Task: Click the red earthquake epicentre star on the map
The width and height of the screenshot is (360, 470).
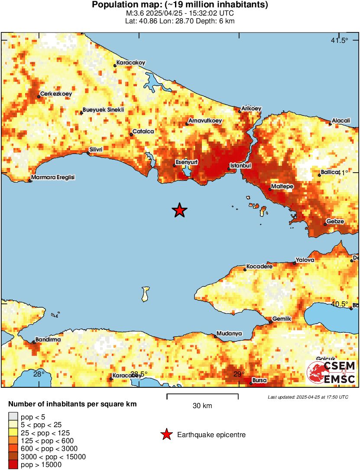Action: (x=179, y=210)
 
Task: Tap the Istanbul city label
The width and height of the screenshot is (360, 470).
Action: (x=240, y=165)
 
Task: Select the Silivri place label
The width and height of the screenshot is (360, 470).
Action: (x=96, y=150)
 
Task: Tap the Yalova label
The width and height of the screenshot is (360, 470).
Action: (x=305, y=260)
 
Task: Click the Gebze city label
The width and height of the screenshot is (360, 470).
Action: (x=335, y=221)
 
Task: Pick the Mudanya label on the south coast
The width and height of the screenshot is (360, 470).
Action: (x=229, y=334)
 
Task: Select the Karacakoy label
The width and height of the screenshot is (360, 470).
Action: (x=131, y=63)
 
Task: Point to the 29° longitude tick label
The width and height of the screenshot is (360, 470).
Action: (x=239, y=374)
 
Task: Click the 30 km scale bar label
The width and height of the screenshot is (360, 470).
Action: (x=202, y=406)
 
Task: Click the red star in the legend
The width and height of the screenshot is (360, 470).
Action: (x=166, y=435)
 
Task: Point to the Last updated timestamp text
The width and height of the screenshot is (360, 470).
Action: (x=308, y=397)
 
